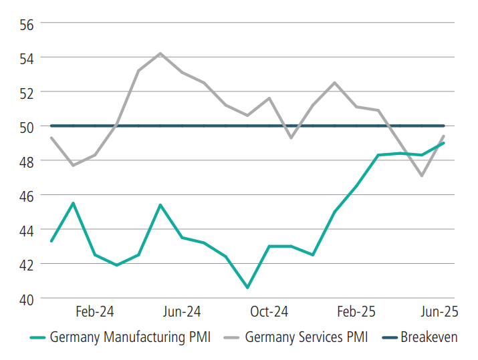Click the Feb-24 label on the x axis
coord(94,312)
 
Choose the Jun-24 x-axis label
coord(182,312)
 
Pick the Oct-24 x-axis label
coord(269,312)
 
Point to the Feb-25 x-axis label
coord(356,312)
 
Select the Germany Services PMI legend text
coord(306,337)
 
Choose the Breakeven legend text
coord(429,337)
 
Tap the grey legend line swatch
coord(229,337)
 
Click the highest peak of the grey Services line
coord(160,53)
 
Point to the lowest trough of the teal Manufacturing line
coord(247,288)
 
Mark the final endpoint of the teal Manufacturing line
coord(444,143)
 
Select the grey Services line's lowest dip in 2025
coord(422,176)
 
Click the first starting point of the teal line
coord(51,241)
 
